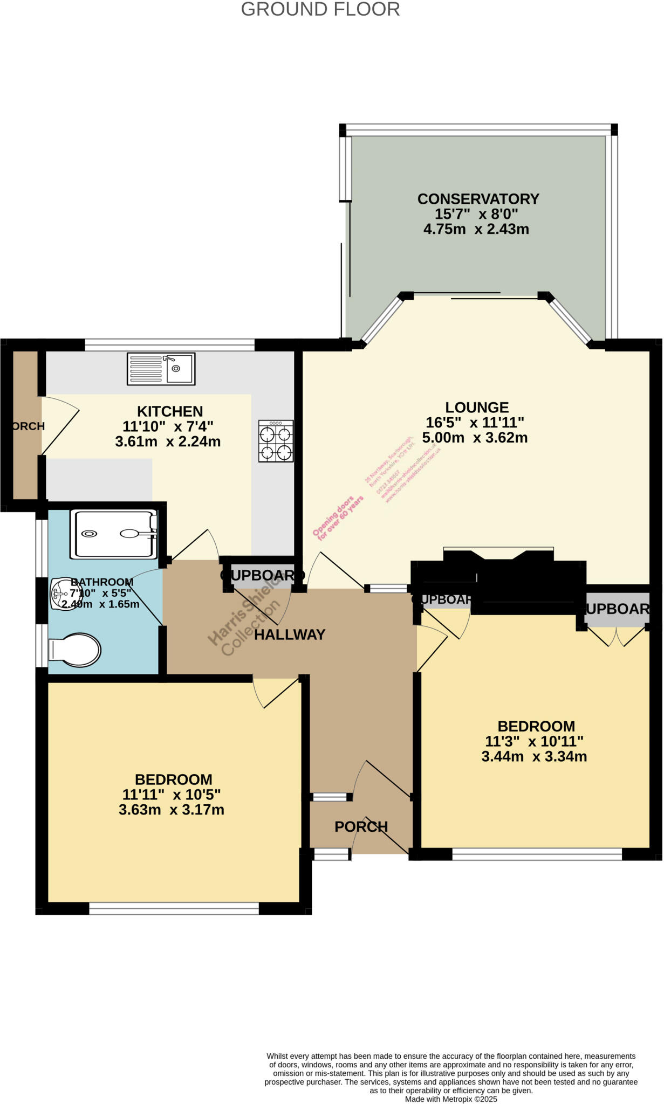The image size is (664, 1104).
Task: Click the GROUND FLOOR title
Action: coord(320,9)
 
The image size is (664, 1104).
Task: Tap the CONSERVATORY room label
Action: coord(478,199)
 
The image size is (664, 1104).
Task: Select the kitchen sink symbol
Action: coord(161,369)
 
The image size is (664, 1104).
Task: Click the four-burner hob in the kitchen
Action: coord(276,441)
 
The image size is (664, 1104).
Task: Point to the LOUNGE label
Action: coord(477,408)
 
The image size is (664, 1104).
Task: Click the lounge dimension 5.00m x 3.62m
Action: coord(475,438)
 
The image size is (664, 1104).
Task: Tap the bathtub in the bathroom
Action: coord(114,534)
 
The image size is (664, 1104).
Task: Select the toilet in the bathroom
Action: coord(75,650)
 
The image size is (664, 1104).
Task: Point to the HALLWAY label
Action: coord(290,635)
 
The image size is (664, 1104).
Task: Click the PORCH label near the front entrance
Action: coord(361,827)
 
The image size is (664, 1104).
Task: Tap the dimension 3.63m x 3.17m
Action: coord(172,810)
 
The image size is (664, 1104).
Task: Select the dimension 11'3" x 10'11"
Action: coord(534,741)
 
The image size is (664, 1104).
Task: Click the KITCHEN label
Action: coord(170,412)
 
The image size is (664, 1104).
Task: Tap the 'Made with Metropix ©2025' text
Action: coord(451,1099)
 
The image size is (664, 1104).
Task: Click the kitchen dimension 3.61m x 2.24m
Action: coord(168,442)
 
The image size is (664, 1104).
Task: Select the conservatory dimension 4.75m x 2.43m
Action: coord(476,229)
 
